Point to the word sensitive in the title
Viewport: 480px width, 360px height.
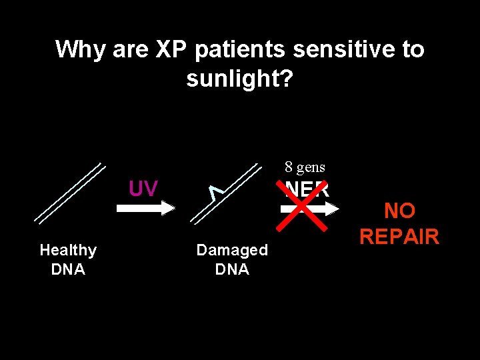[340, 49]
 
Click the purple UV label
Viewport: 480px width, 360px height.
[143, 189]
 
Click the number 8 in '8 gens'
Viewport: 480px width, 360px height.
[289, 167]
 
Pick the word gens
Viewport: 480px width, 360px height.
[311, 167]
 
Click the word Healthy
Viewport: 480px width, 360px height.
[68, 250]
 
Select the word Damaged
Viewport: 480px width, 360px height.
[232, 250]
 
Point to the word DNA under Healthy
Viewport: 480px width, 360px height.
[68, 269]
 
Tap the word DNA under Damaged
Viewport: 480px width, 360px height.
[232, 269]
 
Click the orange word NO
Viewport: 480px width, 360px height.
[399, 211]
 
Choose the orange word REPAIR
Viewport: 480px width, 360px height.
[399, 237]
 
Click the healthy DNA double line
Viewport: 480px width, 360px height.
[70, 193]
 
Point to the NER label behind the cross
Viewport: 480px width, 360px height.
[307, 189]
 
